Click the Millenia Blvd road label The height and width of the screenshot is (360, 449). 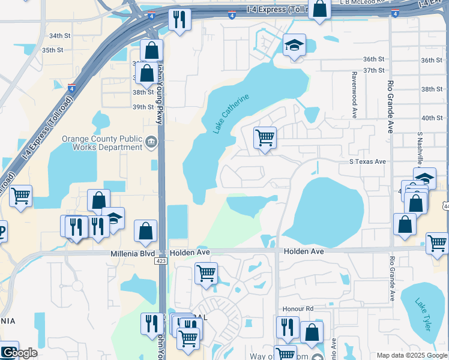tap(137, 253)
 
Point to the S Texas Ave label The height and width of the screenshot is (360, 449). tap(367, 162)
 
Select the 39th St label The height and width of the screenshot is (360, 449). tap(143, 107)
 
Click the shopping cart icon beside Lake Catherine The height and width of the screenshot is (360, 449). tap(265, 137)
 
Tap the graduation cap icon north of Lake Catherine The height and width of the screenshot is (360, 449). tap(294, 45)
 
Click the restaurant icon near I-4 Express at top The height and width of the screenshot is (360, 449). tap(179, 20)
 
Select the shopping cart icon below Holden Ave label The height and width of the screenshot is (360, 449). tap(206, 273)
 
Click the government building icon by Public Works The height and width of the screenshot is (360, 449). tap(151, 143)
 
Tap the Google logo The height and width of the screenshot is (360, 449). tap(19, 352)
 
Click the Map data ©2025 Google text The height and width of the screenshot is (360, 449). tap(412, 355)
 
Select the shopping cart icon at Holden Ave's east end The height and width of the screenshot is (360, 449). tap(438, 243)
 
